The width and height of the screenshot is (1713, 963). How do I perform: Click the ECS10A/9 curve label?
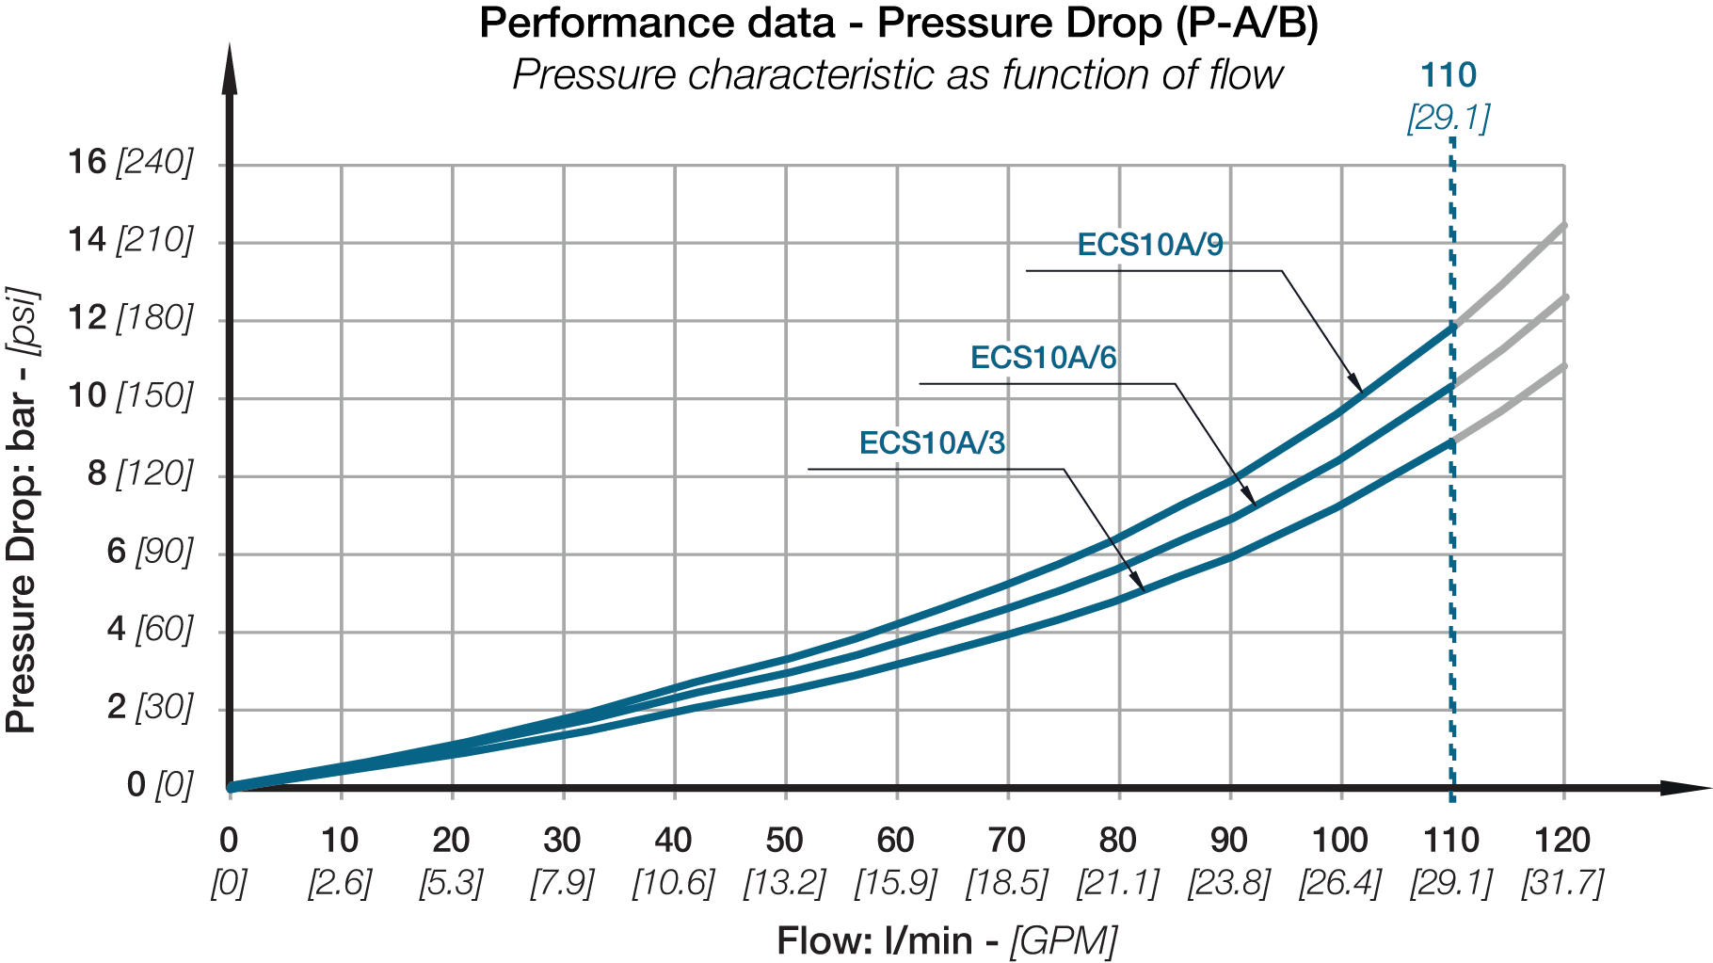coord(1150,245)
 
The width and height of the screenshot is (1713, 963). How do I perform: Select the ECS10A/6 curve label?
coord(1043,358)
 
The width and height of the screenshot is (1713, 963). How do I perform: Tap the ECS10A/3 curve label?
coord(932,442)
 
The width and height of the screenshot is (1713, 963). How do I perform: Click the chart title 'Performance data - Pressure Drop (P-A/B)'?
coord(899,24)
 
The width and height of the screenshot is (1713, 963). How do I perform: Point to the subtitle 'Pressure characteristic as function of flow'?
coord(898,74)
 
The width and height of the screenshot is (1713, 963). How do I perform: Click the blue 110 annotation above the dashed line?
coord(1449,75)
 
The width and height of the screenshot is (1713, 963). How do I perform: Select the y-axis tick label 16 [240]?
coord(130,162)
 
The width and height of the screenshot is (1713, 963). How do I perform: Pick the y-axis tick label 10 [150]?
coord(130,395)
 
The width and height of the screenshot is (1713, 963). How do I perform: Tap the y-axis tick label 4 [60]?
coord(150,628)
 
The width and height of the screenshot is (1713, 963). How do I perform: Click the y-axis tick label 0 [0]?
coord(160,784)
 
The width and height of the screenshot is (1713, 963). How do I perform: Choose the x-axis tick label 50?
coord(784,840)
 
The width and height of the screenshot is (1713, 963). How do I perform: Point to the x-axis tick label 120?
coord(1562,840)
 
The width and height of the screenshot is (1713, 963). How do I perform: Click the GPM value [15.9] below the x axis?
coord(895,883)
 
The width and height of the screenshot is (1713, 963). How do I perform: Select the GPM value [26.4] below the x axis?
coord(1339,883)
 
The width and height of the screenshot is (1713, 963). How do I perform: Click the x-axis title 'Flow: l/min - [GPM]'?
coord(947,940)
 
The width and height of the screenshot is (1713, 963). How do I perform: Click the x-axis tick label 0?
coord(229,840)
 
